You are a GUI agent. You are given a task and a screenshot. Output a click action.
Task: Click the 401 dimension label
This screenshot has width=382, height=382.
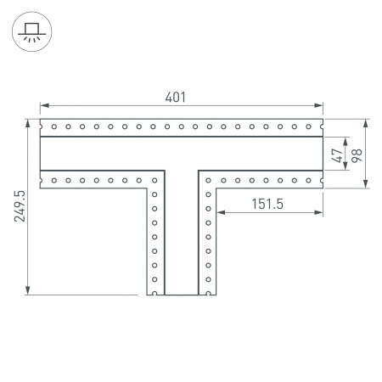[176, 97]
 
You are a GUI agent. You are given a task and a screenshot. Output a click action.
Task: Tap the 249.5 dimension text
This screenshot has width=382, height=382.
[20, 206]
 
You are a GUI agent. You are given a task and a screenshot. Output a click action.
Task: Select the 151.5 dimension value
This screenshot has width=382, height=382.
[267, 204]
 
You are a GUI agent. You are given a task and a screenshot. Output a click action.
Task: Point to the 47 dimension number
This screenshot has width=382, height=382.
[337, 155]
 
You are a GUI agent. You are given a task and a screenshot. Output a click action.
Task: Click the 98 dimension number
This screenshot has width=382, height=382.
[357, 155]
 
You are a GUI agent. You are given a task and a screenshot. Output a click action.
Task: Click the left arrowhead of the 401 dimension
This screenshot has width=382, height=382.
[44, 105]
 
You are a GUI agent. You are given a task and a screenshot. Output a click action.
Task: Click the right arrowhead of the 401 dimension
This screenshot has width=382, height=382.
[318, 105]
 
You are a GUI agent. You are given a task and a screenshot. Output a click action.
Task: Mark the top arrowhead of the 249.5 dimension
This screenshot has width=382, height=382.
[28, 124]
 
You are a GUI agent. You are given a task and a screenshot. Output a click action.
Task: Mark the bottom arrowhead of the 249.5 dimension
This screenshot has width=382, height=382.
[28, 290]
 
